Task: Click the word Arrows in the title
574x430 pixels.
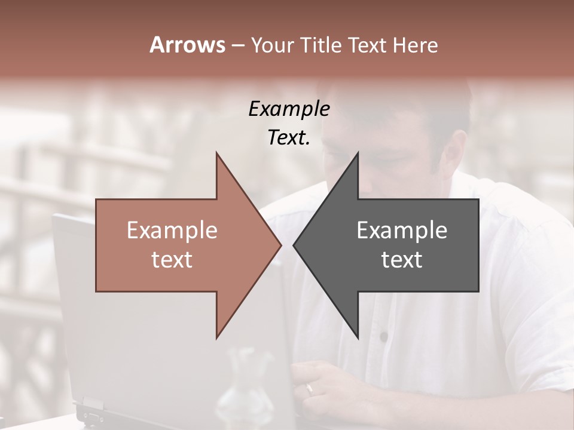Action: pos(187,45)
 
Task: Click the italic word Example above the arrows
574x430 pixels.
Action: pos(289,109)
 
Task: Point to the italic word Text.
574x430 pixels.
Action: pos(289,138)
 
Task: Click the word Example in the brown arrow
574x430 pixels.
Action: pos(172,231)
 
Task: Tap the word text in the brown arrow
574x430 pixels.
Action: pos(172,259)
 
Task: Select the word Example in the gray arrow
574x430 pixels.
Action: pos(402,231)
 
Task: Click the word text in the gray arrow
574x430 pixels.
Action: pos(402,259)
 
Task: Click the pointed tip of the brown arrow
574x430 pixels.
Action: pos(280,245)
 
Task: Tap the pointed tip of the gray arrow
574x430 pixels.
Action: pos(294,245)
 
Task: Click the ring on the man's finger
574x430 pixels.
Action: pos(309,389)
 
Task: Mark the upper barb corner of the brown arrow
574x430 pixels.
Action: pos(216,152)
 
